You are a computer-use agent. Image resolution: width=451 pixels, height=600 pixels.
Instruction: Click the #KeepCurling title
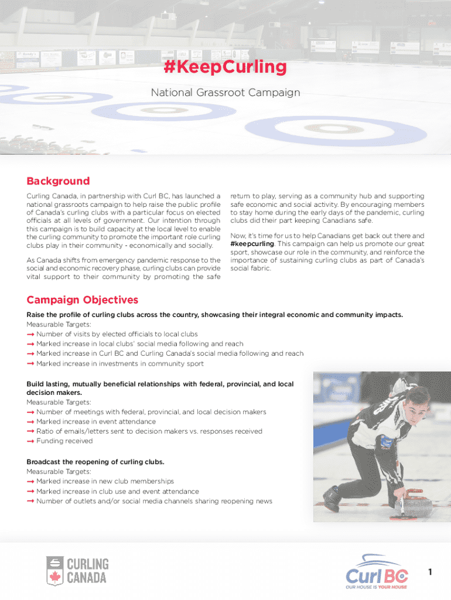click(x=225, y=67)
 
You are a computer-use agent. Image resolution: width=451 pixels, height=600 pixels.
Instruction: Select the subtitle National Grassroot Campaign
click(x=225, y=93)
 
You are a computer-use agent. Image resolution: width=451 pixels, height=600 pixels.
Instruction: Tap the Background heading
click(x=58, y=181)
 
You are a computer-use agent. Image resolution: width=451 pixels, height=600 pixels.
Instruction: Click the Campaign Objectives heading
click(x=82, y=300)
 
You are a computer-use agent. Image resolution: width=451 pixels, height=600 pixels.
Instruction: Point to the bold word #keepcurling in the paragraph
click(x=252, y=243)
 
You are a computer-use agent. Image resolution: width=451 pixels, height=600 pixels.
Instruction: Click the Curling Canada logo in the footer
click(x=77, y=570)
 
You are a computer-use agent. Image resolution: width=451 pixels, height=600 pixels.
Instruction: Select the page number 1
click(x=430, y=572)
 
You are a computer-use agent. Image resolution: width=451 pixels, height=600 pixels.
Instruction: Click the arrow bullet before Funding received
click(x=30, y=441)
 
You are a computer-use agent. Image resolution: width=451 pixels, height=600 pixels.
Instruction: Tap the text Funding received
click(x=64, y=441)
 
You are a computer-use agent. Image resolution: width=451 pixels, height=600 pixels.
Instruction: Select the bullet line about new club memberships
click(x=105, y=482)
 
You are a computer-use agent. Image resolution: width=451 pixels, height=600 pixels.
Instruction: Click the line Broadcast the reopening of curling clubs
click(x=95, y=462)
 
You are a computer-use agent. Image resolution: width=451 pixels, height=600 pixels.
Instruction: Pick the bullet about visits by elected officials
click(x=117, y=334)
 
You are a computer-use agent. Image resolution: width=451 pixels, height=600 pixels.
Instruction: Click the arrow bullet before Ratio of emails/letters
click(x=30, y=431)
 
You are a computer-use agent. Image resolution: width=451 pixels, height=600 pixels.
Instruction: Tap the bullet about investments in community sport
click(x=119, y=364)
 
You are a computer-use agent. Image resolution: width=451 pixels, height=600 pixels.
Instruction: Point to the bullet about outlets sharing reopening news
click(x=154, y=502)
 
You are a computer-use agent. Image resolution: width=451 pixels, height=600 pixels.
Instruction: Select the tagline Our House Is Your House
click(x=375, y=587)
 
